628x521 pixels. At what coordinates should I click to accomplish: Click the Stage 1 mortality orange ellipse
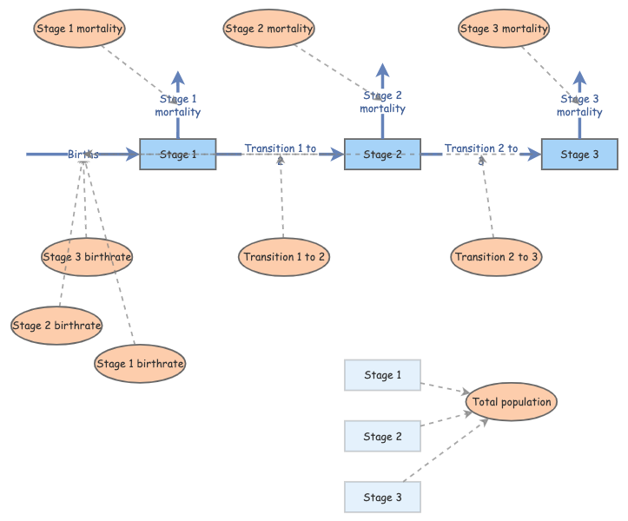[80, 29]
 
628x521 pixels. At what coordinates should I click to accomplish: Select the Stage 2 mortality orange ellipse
[268, 29]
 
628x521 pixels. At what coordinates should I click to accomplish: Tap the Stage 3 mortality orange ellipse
[504, 29]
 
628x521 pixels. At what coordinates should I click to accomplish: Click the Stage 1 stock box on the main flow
[178, 155]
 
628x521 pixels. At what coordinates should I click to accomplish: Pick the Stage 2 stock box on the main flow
[382, 155]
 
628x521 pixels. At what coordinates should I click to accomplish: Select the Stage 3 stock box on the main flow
[579, 155]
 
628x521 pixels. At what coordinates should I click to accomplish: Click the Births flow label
[83, 155]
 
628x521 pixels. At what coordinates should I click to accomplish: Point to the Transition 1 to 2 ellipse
[284, 257]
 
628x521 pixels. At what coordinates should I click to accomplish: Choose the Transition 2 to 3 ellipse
[497, 257]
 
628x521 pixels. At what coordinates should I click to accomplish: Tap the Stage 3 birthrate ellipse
[87, 257]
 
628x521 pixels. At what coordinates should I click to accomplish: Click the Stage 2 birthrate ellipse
[56, 326]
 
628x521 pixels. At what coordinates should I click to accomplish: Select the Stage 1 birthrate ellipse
[140, 364]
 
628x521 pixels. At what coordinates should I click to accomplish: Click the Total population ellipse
[510, 402]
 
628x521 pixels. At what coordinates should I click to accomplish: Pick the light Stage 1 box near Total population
[382, 375]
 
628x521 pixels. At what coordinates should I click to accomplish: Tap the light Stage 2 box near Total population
[382, 436]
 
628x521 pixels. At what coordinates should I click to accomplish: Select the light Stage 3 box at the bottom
[382, 497]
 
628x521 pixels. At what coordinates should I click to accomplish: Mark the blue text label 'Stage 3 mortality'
[579, 106]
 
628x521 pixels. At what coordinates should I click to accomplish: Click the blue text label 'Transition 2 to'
[481, 148]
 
